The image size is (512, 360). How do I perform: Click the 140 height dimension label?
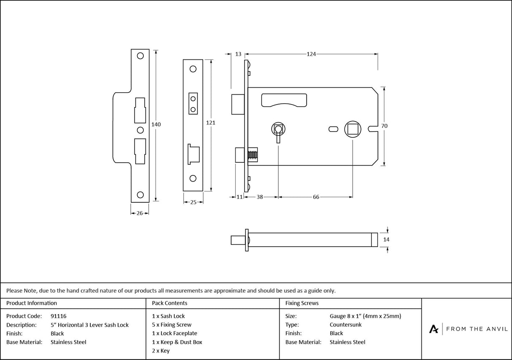click(x=156, y=124)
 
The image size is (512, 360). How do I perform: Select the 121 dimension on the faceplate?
click(x=210, y=123)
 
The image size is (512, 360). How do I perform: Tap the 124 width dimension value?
click(x=311, y=54)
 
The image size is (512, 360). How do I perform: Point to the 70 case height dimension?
click(x=384, y=126)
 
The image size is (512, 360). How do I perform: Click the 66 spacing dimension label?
click(x=316, y=197)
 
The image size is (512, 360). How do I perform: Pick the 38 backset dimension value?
click(x=260, y=197)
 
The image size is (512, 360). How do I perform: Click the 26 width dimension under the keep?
click(x=140, y=213)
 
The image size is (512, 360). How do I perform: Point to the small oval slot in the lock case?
click(x=332, y=127)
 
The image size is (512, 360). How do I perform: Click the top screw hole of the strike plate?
click(x=140, y=56)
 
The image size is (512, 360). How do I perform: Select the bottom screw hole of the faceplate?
click(x=193, y=178)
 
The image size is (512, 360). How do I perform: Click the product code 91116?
click(x=58, y=316)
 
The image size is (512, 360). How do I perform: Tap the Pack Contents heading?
click(x=170, y=303)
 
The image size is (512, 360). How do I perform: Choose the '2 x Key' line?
click(x=161, y=351)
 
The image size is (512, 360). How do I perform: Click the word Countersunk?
click(x=345, y=325)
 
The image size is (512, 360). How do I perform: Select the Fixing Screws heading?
click(x=302, y=303)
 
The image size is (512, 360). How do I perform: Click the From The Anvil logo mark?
click(x=434, y=329)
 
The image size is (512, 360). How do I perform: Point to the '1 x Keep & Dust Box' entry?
click(x=177, y=342)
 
